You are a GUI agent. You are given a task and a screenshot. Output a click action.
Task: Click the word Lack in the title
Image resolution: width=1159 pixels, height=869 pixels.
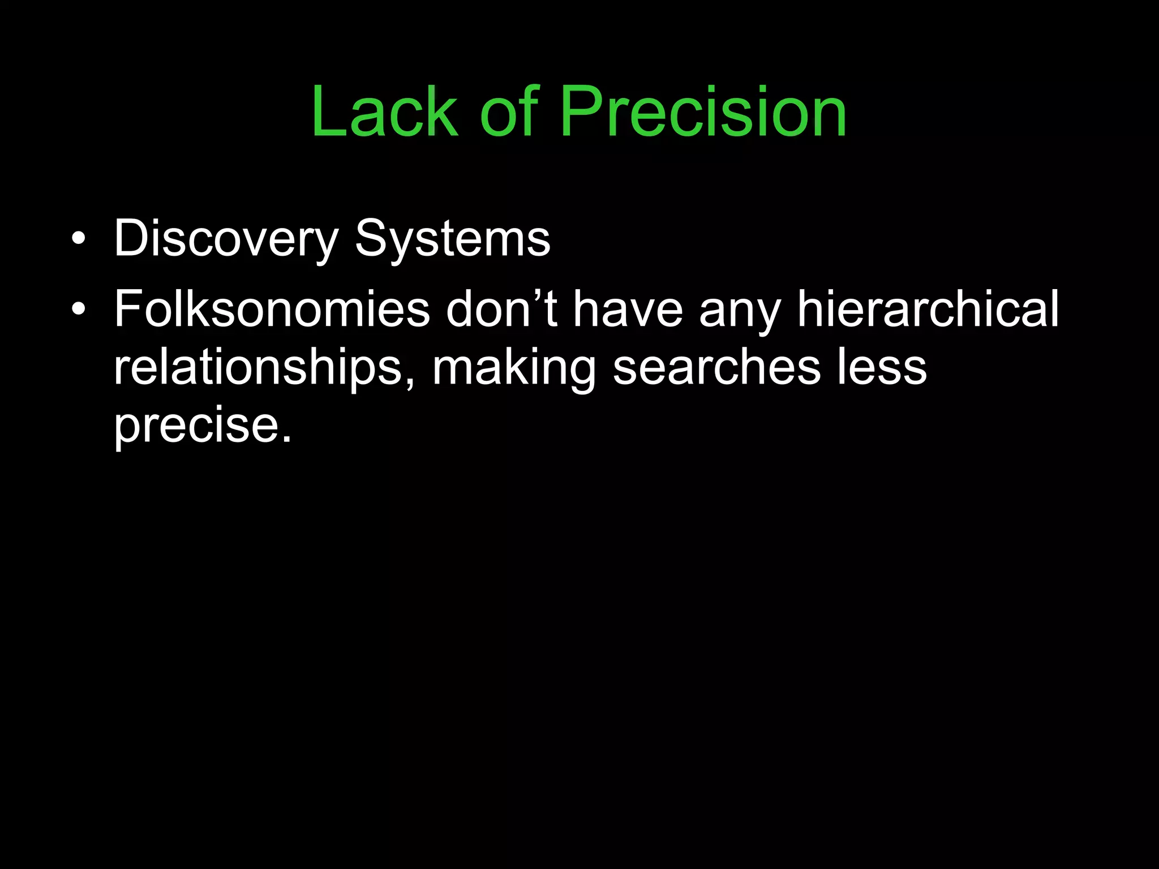[x=384, y=111]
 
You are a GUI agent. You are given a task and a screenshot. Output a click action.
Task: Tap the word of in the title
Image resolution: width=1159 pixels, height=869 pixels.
[x=509, y=111]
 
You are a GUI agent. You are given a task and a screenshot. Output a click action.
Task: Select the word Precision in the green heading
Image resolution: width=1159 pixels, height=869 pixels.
[x=703, y=111]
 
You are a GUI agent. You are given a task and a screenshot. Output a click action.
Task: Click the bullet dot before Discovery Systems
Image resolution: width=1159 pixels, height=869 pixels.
[x=79, y=239]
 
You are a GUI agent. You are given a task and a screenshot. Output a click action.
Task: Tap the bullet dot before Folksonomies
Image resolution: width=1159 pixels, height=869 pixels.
[x=79, y=309]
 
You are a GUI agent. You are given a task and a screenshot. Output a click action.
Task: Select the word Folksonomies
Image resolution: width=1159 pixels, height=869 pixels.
[x=272, y=309]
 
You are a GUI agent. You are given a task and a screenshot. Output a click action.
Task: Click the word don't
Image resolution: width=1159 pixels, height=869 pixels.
[x=501, y=309]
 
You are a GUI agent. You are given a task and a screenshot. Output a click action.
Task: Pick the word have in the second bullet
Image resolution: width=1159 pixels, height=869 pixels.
[x=628, y=309]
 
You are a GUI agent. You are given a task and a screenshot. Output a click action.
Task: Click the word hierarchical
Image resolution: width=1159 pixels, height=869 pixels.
[x=928, y=309]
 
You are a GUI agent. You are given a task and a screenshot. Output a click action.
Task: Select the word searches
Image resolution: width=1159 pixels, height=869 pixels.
[x=716, y=368]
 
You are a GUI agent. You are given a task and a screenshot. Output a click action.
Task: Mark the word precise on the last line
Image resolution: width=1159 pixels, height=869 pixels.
[x=196, y=426]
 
